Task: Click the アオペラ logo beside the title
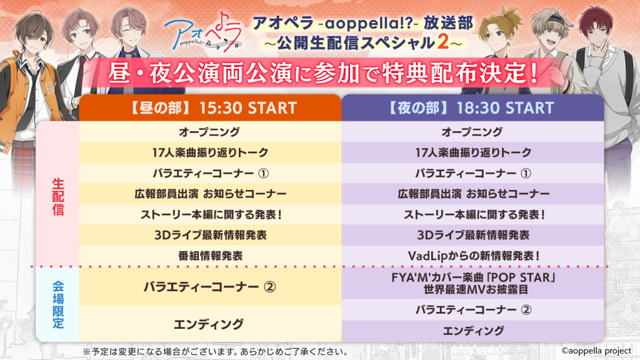coord(203,32)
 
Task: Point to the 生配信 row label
coord(58,197)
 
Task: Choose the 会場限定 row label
coord(58,305)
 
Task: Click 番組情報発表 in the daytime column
coord(210,256)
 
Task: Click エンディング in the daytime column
coord(209,324)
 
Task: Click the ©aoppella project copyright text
coord(596,351)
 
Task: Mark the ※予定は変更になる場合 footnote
coord(216,351)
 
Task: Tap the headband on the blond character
coord(555,19)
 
